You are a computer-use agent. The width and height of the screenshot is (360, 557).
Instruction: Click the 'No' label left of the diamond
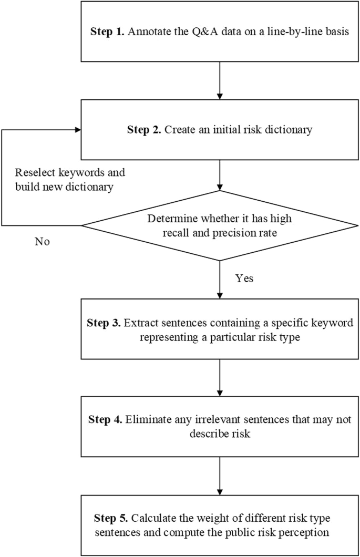(x=43, y=243)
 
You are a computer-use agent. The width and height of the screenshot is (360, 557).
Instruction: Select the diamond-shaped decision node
(x=220, y=226)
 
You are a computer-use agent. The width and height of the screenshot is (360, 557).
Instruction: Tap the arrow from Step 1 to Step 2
(x=220, y=80)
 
